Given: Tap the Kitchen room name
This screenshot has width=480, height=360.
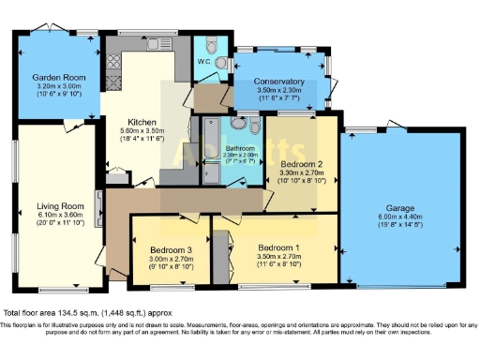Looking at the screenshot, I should point(141,121).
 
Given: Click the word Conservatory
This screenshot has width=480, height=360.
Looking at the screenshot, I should point(279,82).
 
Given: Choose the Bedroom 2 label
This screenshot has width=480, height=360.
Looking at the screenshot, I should point(303,163).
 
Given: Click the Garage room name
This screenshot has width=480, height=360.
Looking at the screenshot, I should point(400,209).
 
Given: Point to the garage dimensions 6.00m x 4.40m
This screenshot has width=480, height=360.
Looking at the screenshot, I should point(400,217).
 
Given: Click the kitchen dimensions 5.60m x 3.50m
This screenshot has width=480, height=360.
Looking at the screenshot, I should point(141,130).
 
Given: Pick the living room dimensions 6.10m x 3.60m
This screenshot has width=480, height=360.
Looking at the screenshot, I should point(54,215).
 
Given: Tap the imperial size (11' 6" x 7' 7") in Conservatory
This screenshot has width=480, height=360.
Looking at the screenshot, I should point(279,97).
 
